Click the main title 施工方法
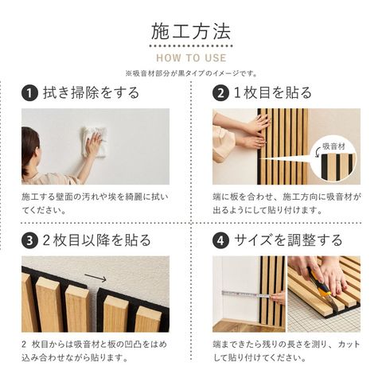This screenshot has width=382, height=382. pyautogui.click(x=191, y=32)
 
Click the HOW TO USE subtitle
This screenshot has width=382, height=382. pyautogui.click(x=191, y=58)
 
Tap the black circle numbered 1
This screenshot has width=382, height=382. pyautogui.click(x=29, y=93)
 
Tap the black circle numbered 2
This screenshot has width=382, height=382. pyautogui.click(x=220, y=93)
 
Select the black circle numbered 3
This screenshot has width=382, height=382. pyautogui.click(x=29, y=240)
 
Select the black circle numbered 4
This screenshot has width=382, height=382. pyautogui.click(x=220, y=240)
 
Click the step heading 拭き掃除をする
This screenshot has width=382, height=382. pyautogui.click(x=92, y=93)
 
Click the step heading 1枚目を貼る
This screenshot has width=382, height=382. pyautogui.click(x=273, y=93)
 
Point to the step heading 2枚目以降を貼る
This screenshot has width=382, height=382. pyautogui.click(x=96, y=240)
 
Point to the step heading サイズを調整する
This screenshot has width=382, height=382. pyautogui.click(x=288, y=240)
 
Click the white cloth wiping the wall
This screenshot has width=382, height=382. pyautogui.click(x=95, y=142)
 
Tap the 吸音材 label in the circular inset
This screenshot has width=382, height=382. pyautogui.click(x=334, y=146)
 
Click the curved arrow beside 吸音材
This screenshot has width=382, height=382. pyautogui.click(x=318, y=153)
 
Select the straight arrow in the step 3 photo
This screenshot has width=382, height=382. pyautogui.click(x=95, y=278)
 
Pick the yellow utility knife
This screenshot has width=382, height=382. pyautogui.click(x=321, y=289)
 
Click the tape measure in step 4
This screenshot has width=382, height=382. pyautogui.click(x=246, y=294)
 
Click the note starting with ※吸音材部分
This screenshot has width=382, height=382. pyautogui.click(x=191, y=73)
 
